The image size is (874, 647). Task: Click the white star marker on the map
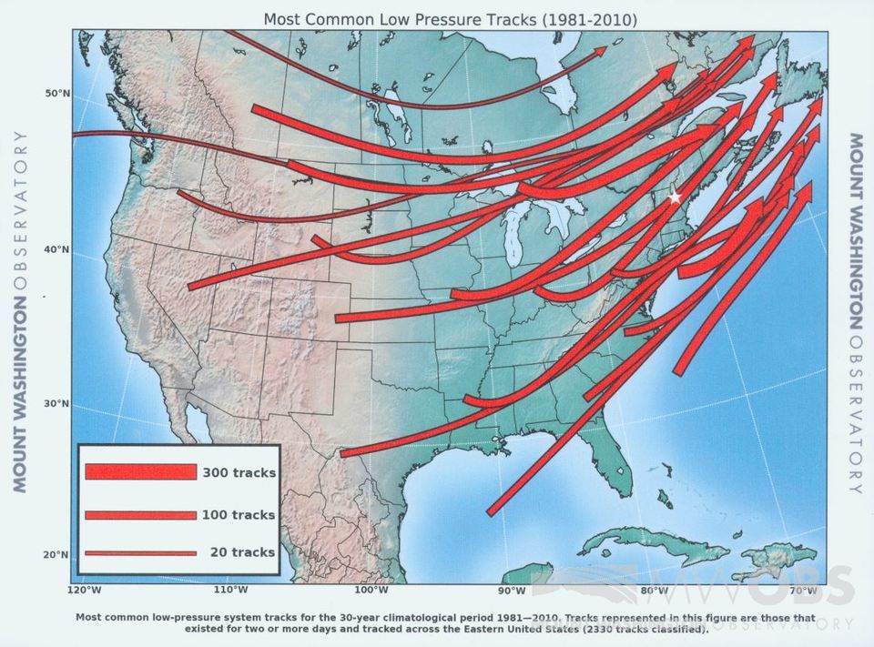pos(675,197)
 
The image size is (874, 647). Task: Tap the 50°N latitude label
pos(58,94)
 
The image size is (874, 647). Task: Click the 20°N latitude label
pos(58,554)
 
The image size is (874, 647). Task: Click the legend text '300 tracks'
pos(239,472)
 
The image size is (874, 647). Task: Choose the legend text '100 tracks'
pos(239,515)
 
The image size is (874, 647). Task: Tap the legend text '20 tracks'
pos(241,552)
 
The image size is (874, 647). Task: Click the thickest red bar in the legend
pos(141,472)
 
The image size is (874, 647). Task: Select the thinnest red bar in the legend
pos(141,552)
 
